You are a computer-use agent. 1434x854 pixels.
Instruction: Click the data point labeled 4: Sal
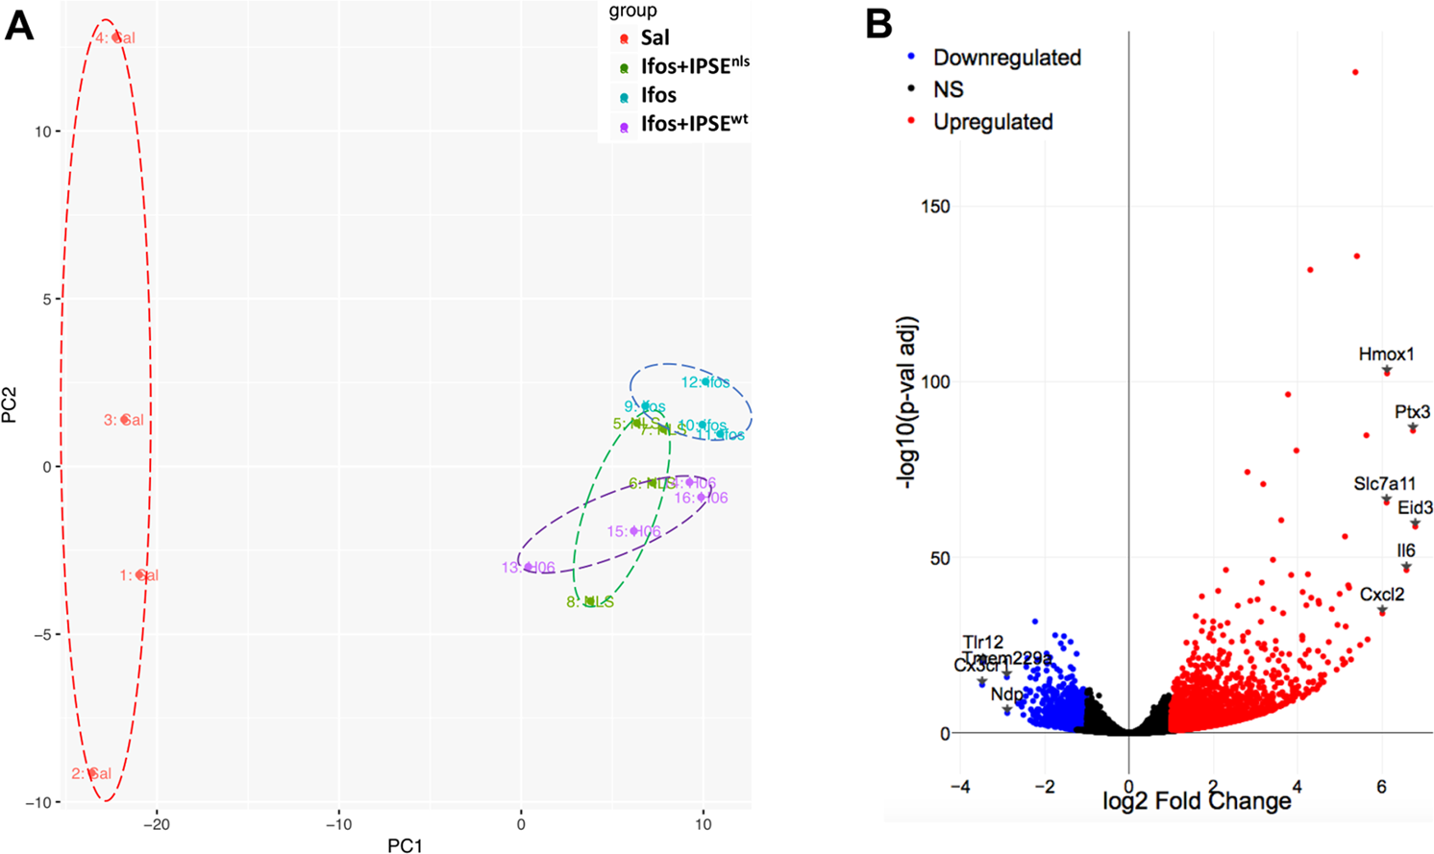117,37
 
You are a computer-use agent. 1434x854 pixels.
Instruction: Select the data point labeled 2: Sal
92,773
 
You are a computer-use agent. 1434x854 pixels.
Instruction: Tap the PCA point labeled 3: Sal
125,420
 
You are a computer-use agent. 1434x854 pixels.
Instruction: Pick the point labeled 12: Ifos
705,381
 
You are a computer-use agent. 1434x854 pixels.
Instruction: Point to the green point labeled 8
589,601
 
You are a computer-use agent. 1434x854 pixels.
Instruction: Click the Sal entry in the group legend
655,38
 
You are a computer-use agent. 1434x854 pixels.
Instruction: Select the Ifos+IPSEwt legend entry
693,124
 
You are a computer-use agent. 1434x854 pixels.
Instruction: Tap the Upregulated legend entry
992,122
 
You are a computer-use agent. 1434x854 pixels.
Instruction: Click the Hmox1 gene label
1386,354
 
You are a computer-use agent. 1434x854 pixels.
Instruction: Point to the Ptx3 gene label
1412,412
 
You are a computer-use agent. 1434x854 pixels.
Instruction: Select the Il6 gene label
1406,551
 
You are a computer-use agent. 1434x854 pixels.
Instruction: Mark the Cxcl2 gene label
1382,595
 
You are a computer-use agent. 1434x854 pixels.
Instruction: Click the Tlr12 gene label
982,642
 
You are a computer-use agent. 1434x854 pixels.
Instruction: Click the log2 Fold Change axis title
1197,801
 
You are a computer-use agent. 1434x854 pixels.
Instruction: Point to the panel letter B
878,24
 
